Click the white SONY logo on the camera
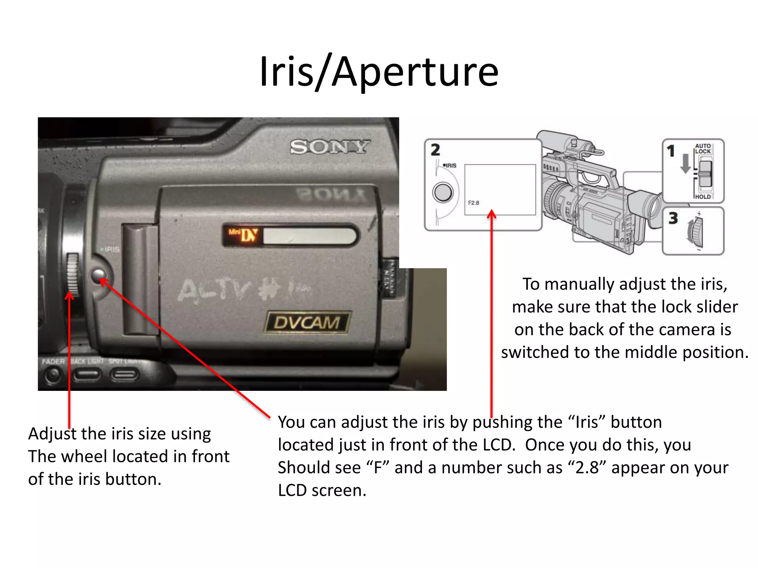pos(329,147)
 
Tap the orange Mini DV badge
pos(244,235)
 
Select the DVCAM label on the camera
pos(307,322)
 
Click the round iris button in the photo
pos(98,275)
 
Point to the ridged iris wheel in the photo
pos(73,274)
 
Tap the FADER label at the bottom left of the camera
pos(53,361)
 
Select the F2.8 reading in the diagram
pos(473,203)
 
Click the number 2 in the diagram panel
pos(435,150)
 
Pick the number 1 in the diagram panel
pos(671,151)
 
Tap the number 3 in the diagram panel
pos(673,218)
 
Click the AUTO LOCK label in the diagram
pos(702,149)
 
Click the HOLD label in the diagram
pos(702,197)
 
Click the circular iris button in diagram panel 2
pos(443,192)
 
